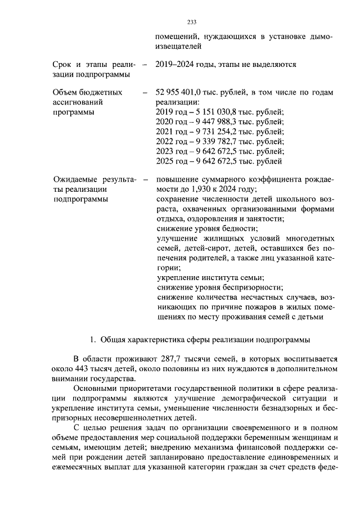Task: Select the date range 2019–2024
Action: click(174, 65)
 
